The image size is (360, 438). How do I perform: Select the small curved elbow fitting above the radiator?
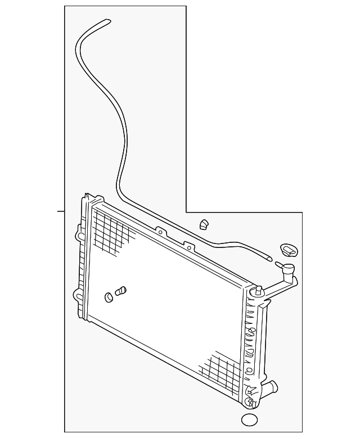click(x=204, y=224)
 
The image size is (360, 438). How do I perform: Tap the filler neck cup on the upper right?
click(x=289, y=272)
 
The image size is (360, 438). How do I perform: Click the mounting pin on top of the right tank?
click(x=258, y=291)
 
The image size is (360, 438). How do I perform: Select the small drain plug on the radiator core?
click(x=121, y=291)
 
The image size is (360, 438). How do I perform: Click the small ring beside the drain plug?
click(x=109, y=296)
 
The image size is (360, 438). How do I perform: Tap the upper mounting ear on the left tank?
click(x=77, y=231)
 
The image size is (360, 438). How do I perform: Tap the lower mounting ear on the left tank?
click(x=76, y=293)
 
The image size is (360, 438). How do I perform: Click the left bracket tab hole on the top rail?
click(x=160, y=231)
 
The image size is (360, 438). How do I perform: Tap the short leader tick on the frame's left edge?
click(x=61, y=211)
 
